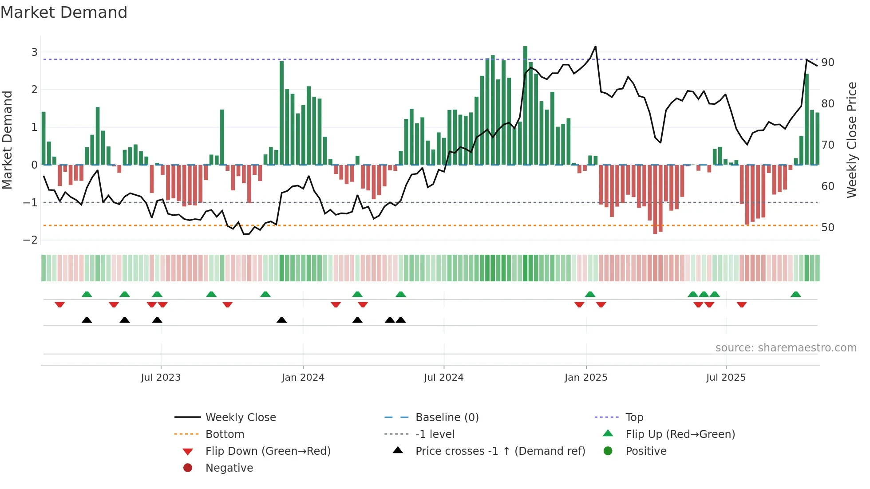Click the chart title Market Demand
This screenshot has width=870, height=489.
(x=64, y=12)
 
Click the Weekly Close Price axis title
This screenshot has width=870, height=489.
(x=851, y=140)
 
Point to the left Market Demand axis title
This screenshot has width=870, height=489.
(x=7, y=140)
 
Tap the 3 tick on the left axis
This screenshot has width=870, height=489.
(x=34, y=52)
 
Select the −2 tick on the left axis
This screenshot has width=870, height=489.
(x=31, y=240)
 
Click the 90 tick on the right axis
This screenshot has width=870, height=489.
(x=827, y=63)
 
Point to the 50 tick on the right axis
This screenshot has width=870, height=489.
(x=827, y=228)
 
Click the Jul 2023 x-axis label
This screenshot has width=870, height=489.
(x=161, y=378)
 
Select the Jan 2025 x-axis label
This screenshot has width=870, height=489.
(x=585, y=378)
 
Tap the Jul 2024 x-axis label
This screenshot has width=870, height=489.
(x=443, y=378)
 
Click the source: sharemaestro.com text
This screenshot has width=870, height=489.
(x=786, y=348)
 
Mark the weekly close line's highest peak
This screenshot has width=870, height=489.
(x=595, y=46)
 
